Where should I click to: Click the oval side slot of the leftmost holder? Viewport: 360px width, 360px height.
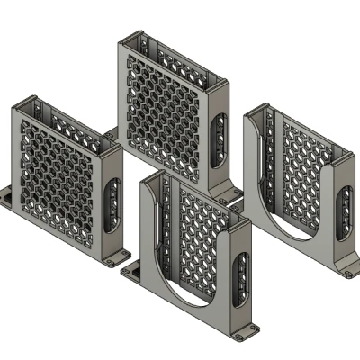tap(113, 202)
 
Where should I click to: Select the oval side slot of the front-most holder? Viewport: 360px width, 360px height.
tap(242, 278)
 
